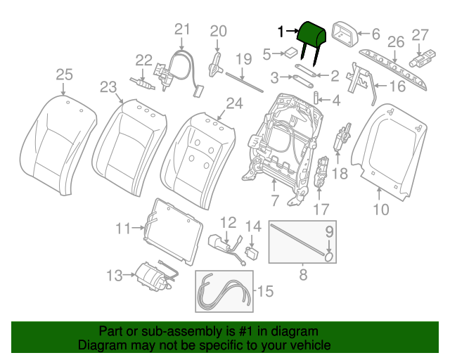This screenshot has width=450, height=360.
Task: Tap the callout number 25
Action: coord(64,75)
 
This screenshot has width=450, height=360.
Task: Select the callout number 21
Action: coord(182,29)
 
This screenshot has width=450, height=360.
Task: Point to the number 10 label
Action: coord(380,208)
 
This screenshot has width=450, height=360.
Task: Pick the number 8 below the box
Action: coord(303,275)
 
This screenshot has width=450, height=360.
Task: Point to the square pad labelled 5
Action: coord(289,52)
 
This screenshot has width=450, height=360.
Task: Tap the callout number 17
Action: coord(321,209)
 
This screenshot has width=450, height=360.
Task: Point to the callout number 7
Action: coord(275,201)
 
